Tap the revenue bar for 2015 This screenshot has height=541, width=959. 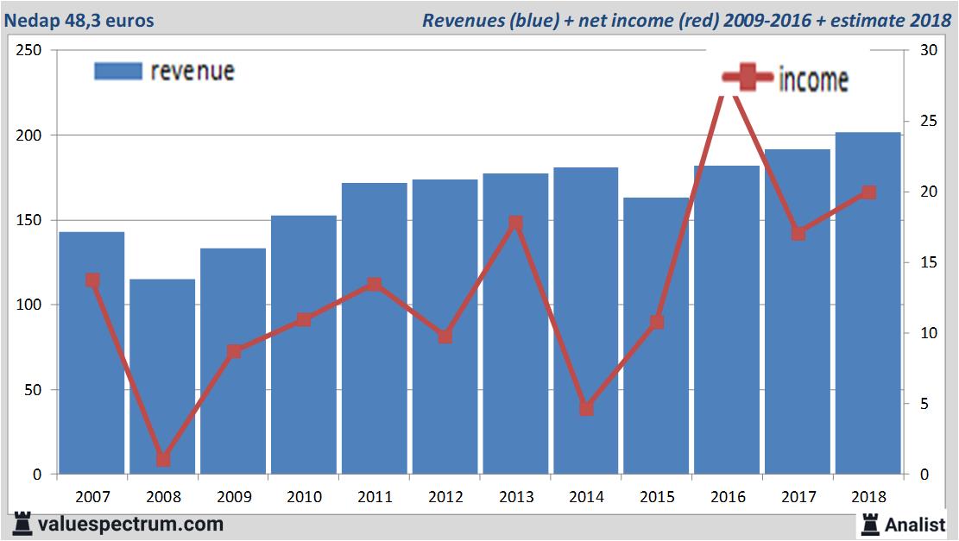(x=656, y=337)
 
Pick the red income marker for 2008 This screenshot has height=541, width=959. (x=163, y=459)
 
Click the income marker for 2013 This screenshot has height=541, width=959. (x=515, y=223)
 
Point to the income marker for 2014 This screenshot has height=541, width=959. (x=586, y=408)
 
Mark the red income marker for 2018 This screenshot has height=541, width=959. (x=868, y=192)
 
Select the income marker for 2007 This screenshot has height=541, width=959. (x=92, y=280)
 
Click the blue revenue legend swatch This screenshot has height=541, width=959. (x=117, y=71)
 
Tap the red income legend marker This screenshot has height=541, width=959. (x=747, y=79)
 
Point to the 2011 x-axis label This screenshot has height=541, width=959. (x=375, y=497)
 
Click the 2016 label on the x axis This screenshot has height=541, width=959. (x=728, y=497)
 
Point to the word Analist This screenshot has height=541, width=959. (x=915, y=525)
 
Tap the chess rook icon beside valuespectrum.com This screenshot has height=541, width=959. (x=23, y=524)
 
